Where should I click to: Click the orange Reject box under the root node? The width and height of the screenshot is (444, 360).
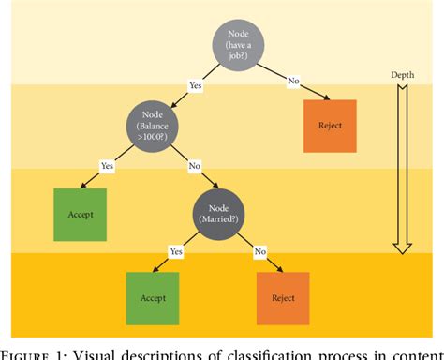[x=330, y=125]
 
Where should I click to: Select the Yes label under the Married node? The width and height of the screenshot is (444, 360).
[x=175, y=250]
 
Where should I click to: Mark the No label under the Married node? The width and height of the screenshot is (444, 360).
[x=259, y=250]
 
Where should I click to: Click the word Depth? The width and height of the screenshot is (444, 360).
[x=402, y=73]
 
